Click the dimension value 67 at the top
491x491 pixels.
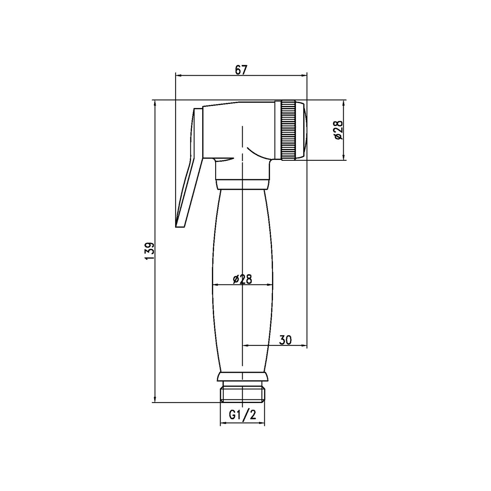tap(241, 70)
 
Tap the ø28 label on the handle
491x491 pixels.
tap(242, 279)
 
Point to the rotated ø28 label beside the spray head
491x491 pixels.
tap(338, 130)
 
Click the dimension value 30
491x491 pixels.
tap(285, 340)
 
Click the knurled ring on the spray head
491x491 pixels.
tap(288, 131)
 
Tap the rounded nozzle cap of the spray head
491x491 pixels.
tap(302, 131)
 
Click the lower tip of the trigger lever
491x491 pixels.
tap(179, 225)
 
